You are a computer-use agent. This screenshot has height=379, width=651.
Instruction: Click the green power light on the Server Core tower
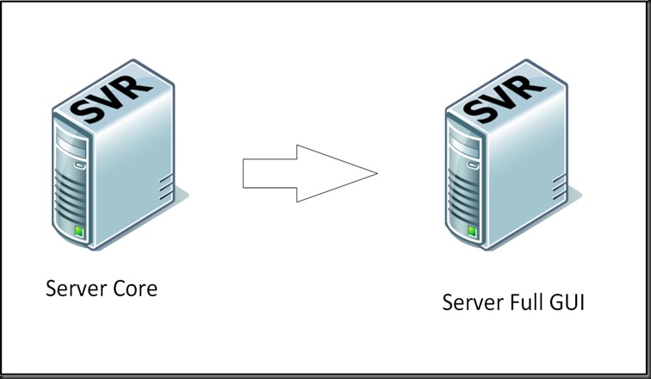(79, 231)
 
